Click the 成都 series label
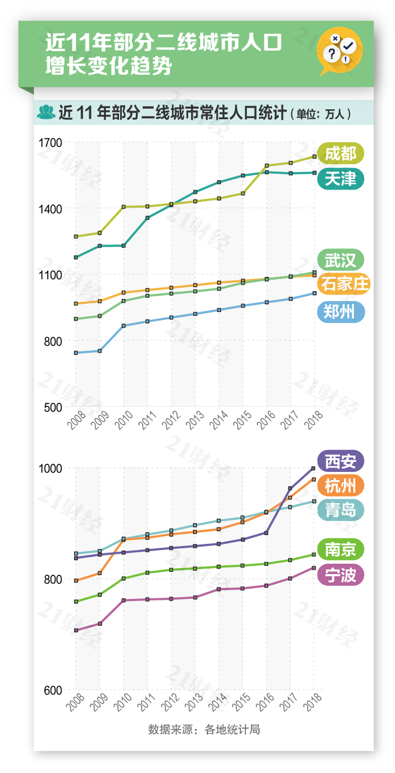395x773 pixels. (x=341, y=153)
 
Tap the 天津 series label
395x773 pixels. (x=341, y=179)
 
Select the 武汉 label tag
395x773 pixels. (x=341, y=260)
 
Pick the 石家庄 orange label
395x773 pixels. (x=344, y=284)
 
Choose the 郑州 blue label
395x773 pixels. (x=341, y=312)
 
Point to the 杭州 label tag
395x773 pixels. (x=341, y=486)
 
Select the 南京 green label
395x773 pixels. (x=341, y=549)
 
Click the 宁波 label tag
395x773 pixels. (x=341, y=575)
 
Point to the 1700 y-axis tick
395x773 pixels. (x=50, y=143)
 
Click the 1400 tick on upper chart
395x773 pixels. (x=50, y=209)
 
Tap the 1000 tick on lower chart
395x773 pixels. (x=50, y=468)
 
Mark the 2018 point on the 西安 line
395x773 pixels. (x=313, y=468)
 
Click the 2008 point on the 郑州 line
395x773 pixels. (x=76, y=353)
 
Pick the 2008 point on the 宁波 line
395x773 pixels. (x=76, y=630)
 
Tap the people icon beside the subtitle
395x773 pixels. (x=46, y=112)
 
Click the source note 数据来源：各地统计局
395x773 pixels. (x=204, y=730)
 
